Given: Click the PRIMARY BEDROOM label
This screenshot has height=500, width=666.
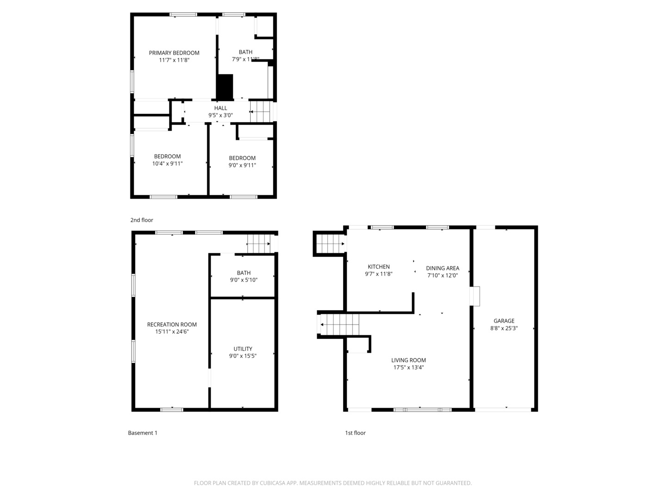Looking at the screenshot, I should tap(174, 53).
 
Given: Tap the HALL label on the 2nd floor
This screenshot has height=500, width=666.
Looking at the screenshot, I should tap(221, 108).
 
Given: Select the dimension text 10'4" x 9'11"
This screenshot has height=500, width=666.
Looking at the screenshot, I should tap(167, 163).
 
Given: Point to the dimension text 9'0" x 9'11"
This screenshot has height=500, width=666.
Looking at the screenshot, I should tap(242, 165).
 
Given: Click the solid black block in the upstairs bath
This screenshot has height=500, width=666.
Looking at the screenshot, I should tap(225, 87).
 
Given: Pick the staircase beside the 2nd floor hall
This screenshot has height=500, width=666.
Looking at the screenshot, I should tap(260, 112).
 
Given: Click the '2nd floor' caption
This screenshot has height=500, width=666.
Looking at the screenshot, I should tap(142, 220).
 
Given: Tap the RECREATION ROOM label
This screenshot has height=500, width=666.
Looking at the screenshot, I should tap(172, 325).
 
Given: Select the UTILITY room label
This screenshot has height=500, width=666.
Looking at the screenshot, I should tap(243, 349).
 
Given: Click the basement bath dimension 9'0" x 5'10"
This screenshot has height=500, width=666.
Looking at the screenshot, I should tap(244, 280).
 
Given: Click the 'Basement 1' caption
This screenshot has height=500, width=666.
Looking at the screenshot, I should tap(142, 433).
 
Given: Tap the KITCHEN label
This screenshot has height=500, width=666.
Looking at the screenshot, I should tap(378, 267).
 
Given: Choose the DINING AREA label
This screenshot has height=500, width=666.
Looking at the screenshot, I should tap(443, 268).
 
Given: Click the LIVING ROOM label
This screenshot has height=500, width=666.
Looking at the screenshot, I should tap(408, 360).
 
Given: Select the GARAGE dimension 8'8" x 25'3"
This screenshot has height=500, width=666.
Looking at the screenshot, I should tap(504, 328).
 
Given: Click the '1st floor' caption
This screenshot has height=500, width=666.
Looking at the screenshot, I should tap(355, 433).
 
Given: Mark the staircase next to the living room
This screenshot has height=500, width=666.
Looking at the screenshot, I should tap(340, 324).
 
